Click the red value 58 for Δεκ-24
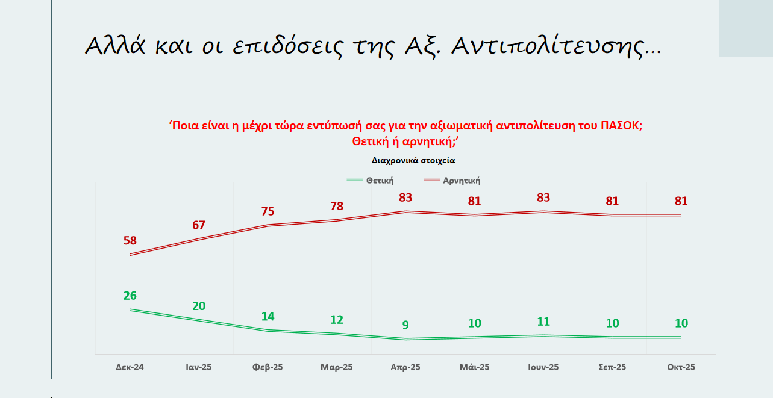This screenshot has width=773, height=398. coord(130,241)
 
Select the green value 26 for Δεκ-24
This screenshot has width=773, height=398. coord(130,296)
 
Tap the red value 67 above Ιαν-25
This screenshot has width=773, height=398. coord(199,225)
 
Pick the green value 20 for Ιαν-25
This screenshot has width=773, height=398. coord(199,306)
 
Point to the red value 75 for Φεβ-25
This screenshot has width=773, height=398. coord(268,211)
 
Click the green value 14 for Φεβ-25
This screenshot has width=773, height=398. coord(268,317)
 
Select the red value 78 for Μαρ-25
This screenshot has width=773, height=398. coord(337,207)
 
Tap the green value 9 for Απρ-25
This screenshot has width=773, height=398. coord(405,325)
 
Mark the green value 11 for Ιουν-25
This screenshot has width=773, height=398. coord(543,322)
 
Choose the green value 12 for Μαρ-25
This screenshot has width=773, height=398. coord(337,320)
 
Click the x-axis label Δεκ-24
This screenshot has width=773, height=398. coord(130,367)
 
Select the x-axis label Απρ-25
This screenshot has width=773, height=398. coord(405,367)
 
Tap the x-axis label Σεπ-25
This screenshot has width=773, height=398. coord(612,367)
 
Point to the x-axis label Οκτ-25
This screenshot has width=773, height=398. coord(681,367)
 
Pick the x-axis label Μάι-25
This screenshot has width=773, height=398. coord(475,367)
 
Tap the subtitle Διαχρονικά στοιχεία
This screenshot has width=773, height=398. coord(413,161)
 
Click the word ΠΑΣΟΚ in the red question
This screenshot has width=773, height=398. coord(621,126)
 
